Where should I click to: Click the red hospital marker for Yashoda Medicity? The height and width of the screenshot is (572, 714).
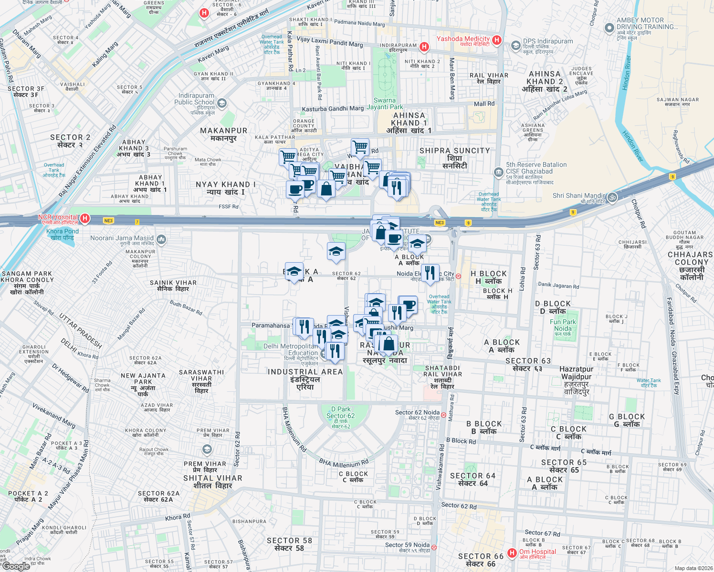click(x=496, y=40)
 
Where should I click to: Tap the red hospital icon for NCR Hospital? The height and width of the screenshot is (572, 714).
click(x=84, y=219)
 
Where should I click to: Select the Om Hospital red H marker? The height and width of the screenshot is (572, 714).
click(x=512, y=553)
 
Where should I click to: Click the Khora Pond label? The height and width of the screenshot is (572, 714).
click(x=63, y=234)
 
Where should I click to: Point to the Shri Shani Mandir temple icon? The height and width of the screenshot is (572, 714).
click(x=612, y=196)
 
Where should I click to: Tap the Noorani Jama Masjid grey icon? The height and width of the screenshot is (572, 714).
click(x=161, y=239)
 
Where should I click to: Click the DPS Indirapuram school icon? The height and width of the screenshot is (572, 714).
click(x=515, y=46)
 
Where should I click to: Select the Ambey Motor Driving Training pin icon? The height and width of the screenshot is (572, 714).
click(x=609, y=28)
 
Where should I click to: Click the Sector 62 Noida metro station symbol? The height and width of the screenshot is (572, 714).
click(x=444, y=415)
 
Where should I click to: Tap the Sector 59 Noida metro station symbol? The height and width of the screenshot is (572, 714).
click(x=434, y=547)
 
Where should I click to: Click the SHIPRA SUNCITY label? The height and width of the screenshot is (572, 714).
click(x=454, y=158)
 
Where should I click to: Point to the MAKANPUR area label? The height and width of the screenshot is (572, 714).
click(x=224, y=134)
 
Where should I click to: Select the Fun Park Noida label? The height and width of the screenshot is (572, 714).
click(x=563, y=327)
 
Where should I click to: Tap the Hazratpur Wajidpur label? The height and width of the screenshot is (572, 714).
click(x=576, y=380)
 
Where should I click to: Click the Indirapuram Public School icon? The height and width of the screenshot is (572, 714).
click(x=221, y=103)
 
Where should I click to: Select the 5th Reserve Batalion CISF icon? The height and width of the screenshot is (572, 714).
click(x=499, y=172)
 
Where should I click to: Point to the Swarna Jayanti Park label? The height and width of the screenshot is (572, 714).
click(x=385, y=103)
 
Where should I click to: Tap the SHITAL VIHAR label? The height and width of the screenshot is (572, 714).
click(x=212, y=481)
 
